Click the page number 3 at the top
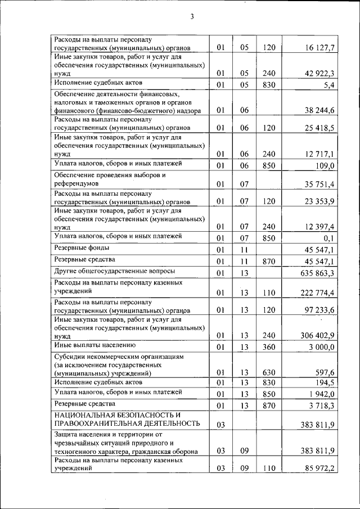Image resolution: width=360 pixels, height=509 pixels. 191,16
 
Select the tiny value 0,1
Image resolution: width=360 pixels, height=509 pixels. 330,238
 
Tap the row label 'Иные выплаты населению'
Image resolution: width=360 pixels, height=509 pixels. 93,345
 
